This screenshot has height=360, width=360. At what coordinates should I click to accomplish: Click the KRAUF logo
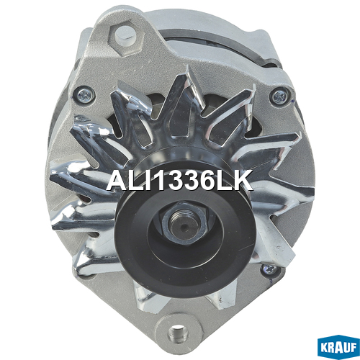338,347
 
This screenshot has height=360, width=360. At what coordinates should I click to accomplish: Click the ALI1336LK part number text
180,180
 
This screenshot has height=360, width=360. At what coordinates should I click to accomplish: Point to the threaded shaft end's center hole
184,226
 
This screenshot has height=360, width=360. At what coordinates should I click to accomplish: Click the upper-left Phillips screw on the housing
84,96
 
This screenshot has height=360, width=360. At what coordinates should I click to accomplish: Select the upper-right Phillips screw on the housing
279,96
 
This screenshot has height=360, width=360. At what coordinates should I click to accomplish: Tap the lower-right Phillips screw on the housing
269,270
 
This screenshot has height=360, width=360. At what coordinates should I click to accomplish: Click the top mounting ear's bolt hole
125,35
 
